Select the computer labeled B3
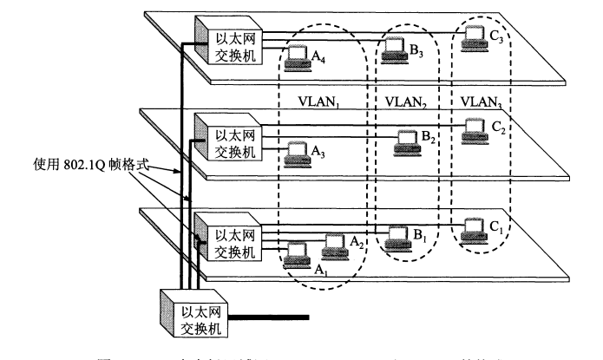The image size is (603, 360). coord(395,48)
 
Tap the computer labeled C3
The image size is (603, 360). coord(474,36)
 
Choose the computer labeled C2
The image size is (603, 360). coord(474,128)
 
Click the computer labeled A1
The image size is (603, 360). coord(298,254)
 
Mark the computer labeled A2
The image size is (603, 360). coord(335,245)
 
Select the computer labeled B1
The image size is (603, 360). coord(397,234)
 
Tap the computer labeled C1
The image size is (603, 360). coord(474,227)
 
